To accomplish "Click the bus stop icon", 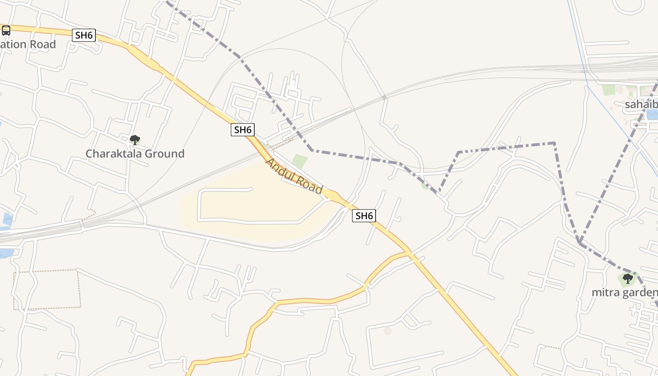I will tap(6, 31).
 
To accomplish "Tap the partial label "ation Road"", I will tap(28, 44).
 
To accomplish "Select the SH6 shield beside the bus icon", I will tap(84, 35).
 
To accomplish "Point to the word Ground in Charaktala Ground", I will tap(164, 154).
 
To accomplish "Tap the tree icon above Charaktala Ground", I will tap(135, 140).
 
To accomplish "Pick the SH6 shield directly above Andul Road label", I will tap(243, 130).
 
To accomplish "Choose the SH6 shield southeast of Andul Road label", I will tap(364, 216).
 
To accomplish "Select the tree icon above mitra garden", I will tap(627, 279).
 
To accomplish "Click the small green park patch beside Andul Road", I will tap(299, 161).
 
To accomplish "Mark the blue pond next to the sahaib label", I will tap(653, 114).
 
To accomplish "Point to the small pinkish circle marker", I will tap(388, 331).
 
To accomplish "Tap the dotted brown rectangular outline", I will tap(47, 289).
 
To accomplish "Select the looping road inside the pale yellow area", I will tap(200, 205).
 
